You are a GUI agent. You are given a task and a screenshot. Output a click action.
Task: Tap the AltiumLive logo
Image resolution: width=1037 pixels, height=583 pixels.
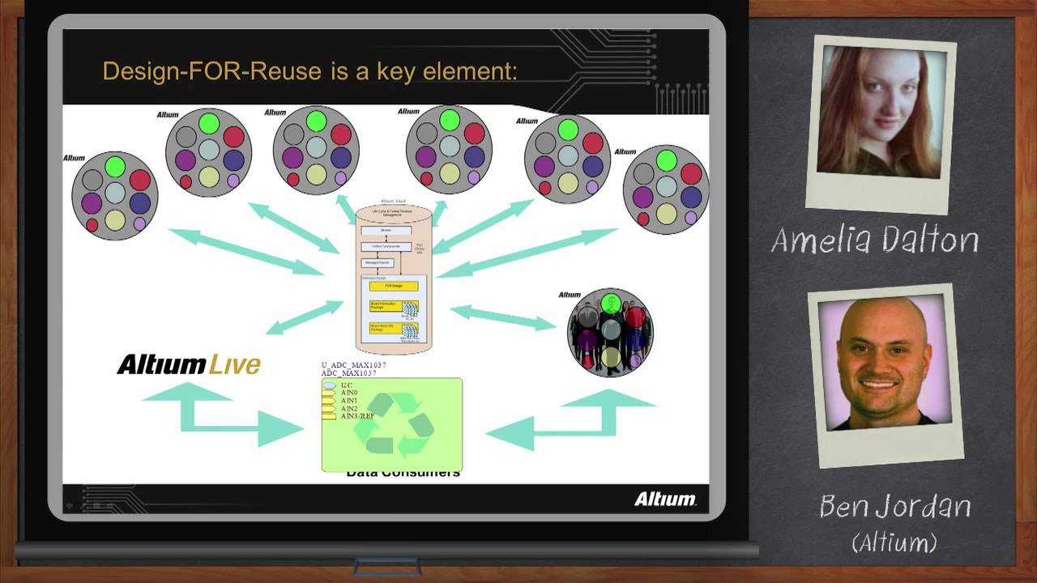(x=189, y=364)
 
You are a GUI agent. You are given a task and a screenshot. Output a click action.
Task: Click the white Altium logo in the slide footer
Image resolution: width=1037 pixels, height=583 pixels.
(x=664, y=499)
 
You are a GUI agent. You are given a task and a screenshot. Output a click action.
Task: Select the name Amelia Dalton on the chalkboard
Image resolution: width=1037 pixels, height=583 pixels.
(x=875, y=240)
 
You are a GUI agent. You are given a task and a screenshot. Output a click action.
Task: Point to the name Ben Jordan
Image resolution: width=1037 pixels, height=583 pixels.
(x=894, y=506)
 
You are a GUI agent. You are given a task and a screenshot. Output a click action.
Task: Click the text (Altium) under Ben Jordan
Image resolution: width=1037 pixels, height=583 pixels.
(x=894, y=542)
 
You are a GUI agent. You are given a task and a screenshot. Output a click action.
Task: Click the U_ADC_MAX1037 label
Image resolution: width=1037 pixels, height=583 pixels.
(x=353, y=365)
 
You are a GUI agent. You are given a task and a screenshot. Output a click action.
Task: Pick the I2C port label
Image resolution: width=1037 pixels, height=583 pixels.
(x=347, y=385)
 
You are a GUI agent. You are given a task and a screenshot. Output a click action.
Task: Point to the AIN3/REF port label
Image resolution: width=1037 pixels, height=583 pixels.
(x=357, y=416)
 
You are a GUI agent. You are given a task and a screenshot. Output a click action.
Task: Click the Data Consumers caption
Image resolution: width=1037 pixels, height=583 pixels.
(x=403, y=473)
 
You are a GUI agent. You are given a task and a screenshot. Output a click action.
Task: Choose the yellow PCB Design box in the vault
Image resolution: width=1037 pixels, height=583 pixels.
(x=394, y=286)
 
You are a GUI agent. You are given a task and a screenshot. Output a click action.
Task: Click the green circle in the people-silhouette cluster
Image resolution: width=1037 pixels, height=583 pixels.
(x=612, y=304)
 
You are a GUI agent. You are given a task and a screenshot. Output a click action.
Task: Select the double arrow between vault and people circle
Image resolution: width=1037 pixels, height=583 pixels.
(x=502, y=317)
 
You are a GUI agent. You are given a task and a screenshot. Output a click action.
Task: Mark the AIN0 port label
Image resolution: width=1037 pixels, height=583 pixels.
(x=350, y=393)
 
